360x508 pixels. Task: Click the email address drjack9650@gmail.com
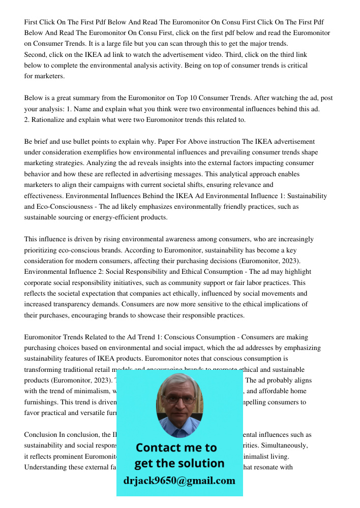pos(179,481)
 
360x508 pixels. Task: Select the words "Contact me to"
pos(176,448)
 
